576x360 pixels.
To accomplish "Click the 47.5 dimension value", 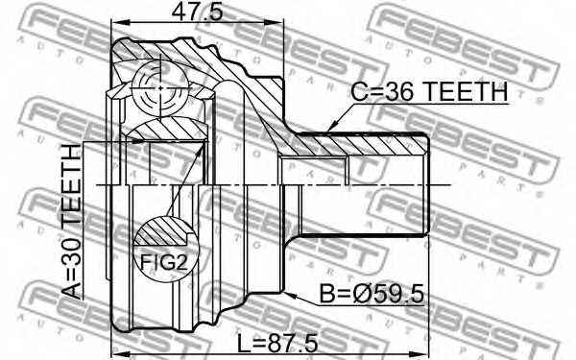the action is [x=197, y=12].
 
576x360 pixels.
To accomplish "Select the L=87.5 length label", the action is [x=277, y=344].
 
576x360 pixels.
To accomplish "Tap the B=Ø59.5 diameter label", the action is [x=372, y=294].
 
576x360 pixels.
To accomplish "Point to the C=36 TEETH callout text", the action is [x=429, y=92].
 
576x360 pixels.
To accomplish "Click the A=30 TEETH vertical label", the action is [x=71, y=222].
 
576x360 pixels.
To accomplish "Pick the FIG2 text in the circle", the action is [x=164, y=262].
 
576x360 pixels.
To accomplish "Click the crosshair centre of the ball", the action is [x=160, y=88].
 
